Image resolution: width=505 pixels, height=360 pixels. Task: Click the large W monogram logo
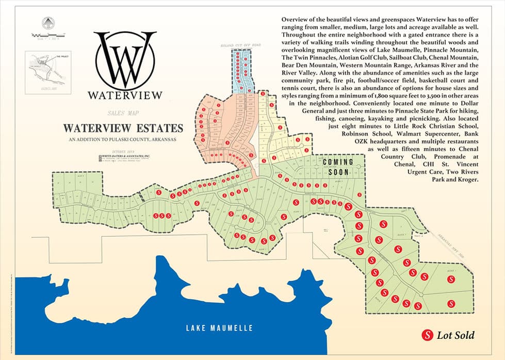pos(125,61)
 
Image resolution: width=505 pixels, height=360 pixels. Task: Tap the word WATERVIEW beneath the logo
pos(125,95)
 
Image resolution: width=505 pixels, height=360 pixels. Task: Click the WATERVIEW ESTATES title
pos(123,128)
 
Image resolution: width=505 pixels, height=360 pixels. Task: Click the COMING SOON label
pos(338,167)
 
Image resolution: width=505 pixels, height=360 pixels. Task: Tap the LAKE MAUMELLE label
pos(219,328)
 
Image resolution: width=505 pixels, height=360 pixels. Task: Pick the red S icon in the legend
pos(427,336)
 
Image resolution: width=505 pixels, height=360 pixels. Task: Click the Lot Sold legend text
pos(455,336)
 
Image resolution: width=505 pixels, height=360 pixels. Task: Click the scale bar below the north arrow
pos(46,36)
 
